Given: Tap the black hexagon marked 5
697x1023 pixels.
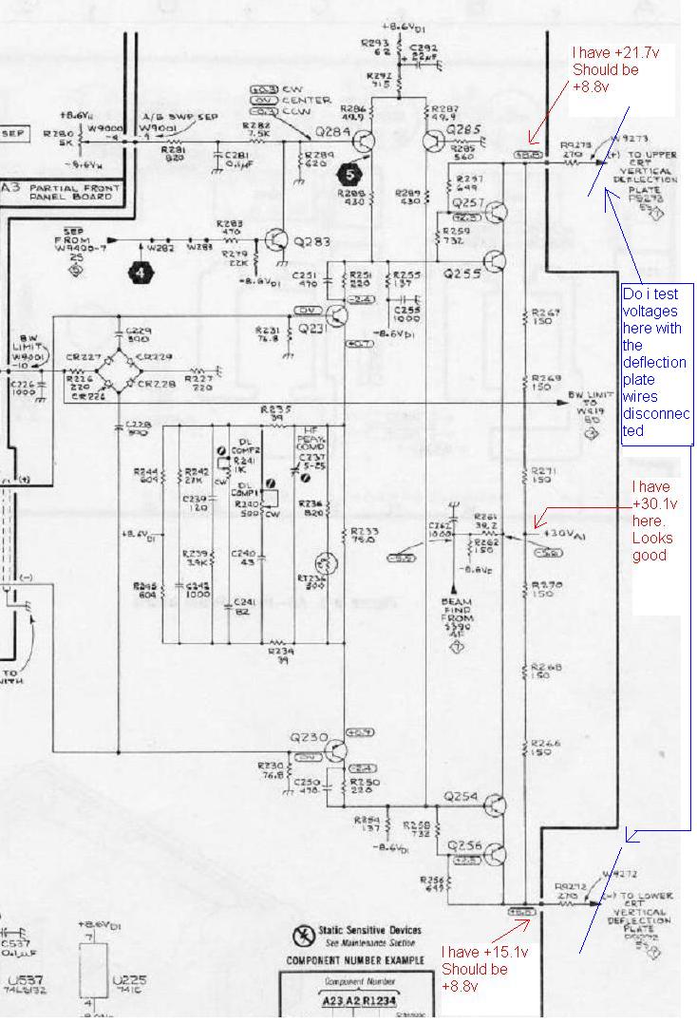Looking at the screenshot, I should click(348, 174).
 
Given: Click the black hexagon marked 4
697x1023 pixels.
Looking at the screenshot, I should click(141, 271).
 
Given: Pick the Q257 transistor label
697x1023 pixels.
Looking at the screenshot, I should click(470, 203).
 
